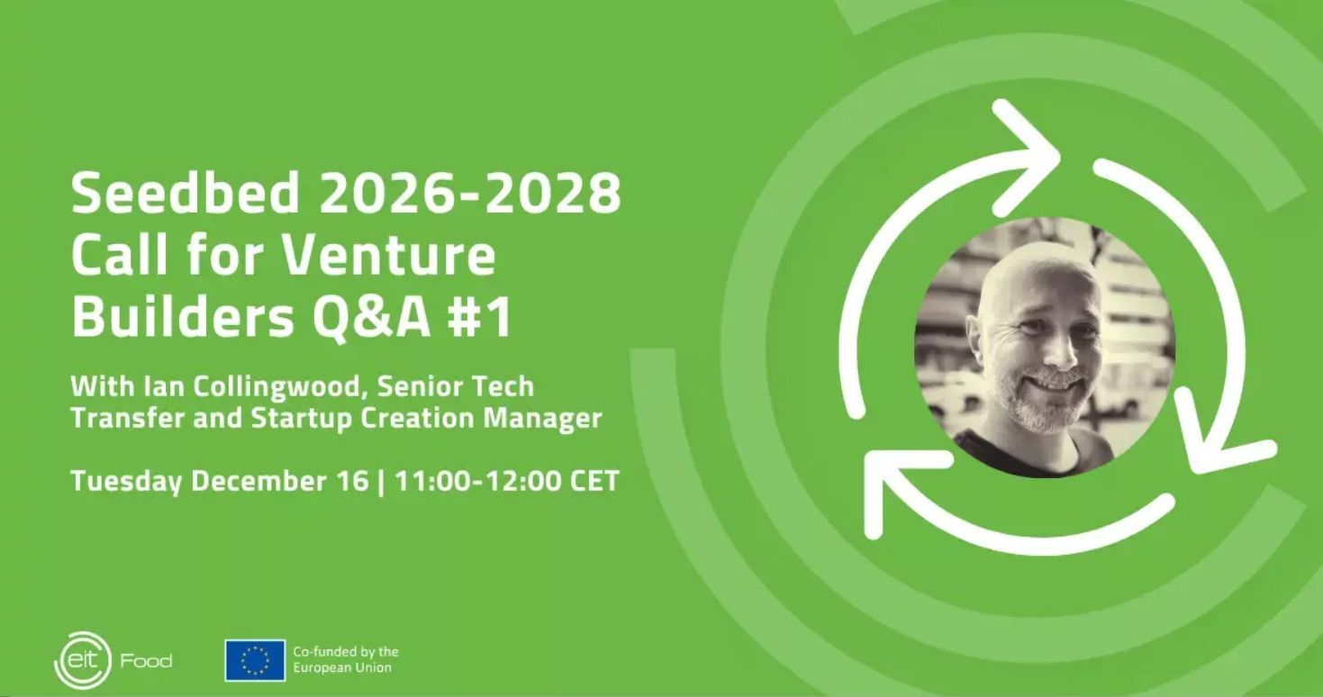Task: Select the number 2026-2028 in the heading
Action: pyautogui.click(x=470, y=193)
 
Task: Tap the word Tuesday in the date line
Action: pyautogui.click(x=126, y=482)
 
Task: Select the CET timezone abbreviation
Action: pyautogui.click(x=594, y=481)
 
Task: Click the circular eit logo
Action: pyautogui.click(x=83, y=660)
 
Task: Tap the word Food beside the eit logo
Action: pyautogui.click(x=147, y=660)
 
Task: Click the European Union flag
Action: pyautogui.click(x=255, y=660)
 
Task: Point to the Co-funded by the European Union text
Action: pyautogui.click(x=346, y=660)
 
